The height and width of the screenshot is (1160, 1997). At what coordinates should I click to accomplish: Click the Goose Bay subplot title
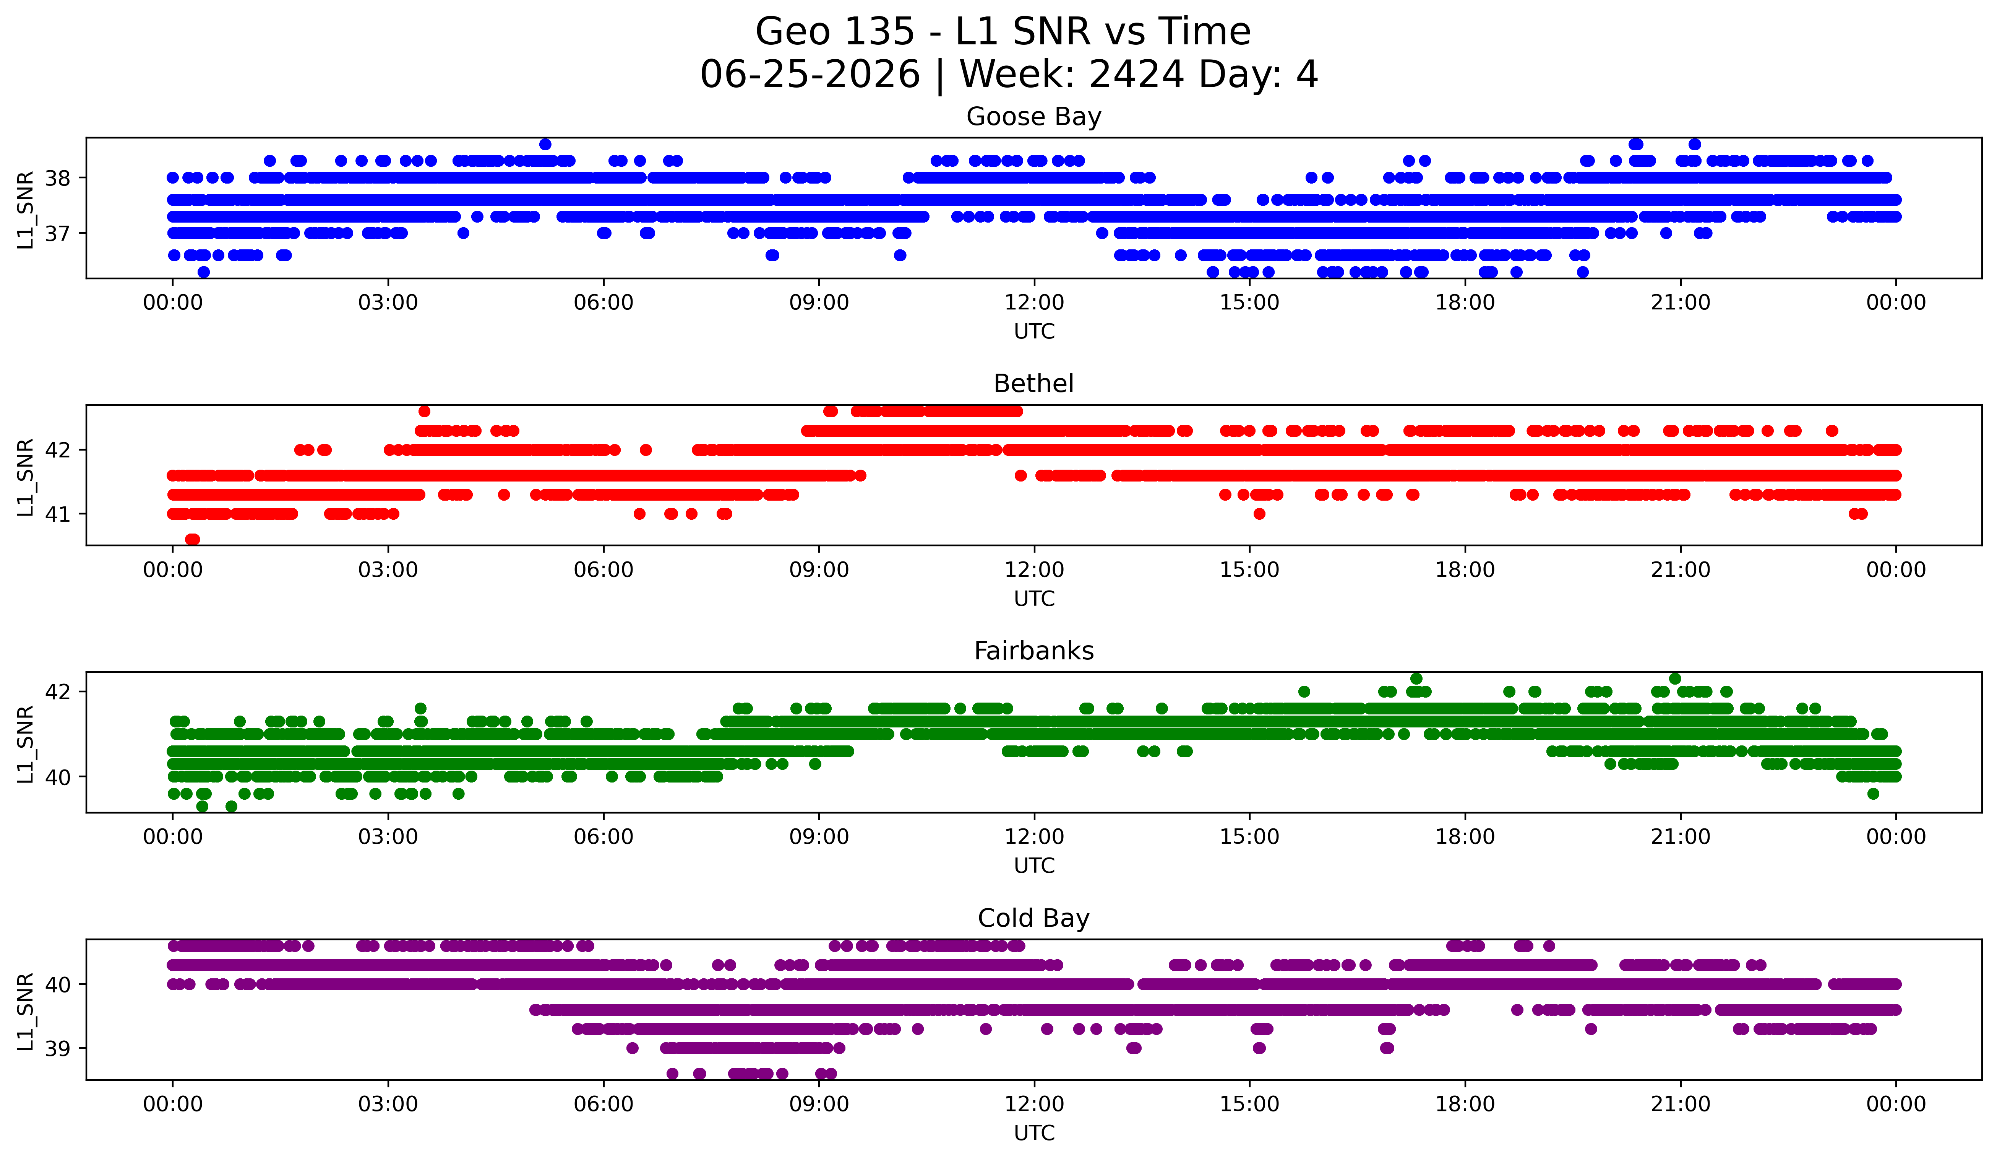(x=1033, y=117)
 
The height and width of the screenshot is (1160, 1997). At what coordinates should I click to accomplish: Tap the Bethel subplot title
(x=1033, y=384)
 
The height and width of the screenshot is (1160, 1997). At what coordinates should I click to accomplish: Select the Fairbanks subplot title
(x=1033, y=651)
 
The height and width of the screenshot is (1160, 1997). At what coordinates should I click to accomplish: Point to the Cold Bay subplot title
(x=1033, y=918)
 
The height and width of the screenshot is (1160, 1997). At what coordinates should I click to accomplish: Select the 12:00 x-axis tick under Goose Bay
(x=1034, y=302)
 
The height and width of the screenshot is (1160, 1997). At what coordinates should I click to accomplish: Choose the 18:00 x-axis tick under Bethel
(x=1465, y=569)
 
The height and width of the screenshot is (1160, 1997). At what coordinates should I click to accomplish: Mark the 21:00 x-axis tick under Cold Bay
(x=1680, y=1104)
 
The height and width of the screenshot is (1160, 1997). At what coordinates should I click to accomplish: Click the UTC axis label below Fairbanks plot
(x=1034, y=865)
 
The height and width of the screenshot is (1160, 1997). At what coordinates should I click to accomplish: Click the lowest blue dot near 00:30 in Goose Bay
(x=204, y=272)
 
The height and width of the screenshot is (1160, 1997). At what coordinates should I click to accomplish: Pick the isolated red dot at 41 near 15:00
(x=1259, y=514)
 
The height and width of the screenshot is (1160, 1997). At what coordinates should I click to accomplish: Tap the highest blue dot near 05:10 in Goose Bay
(x=545, y=144)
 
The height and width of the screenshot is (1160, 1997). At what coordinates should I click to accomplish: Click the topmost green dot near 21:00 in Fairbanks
(x=1674, y=679)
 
